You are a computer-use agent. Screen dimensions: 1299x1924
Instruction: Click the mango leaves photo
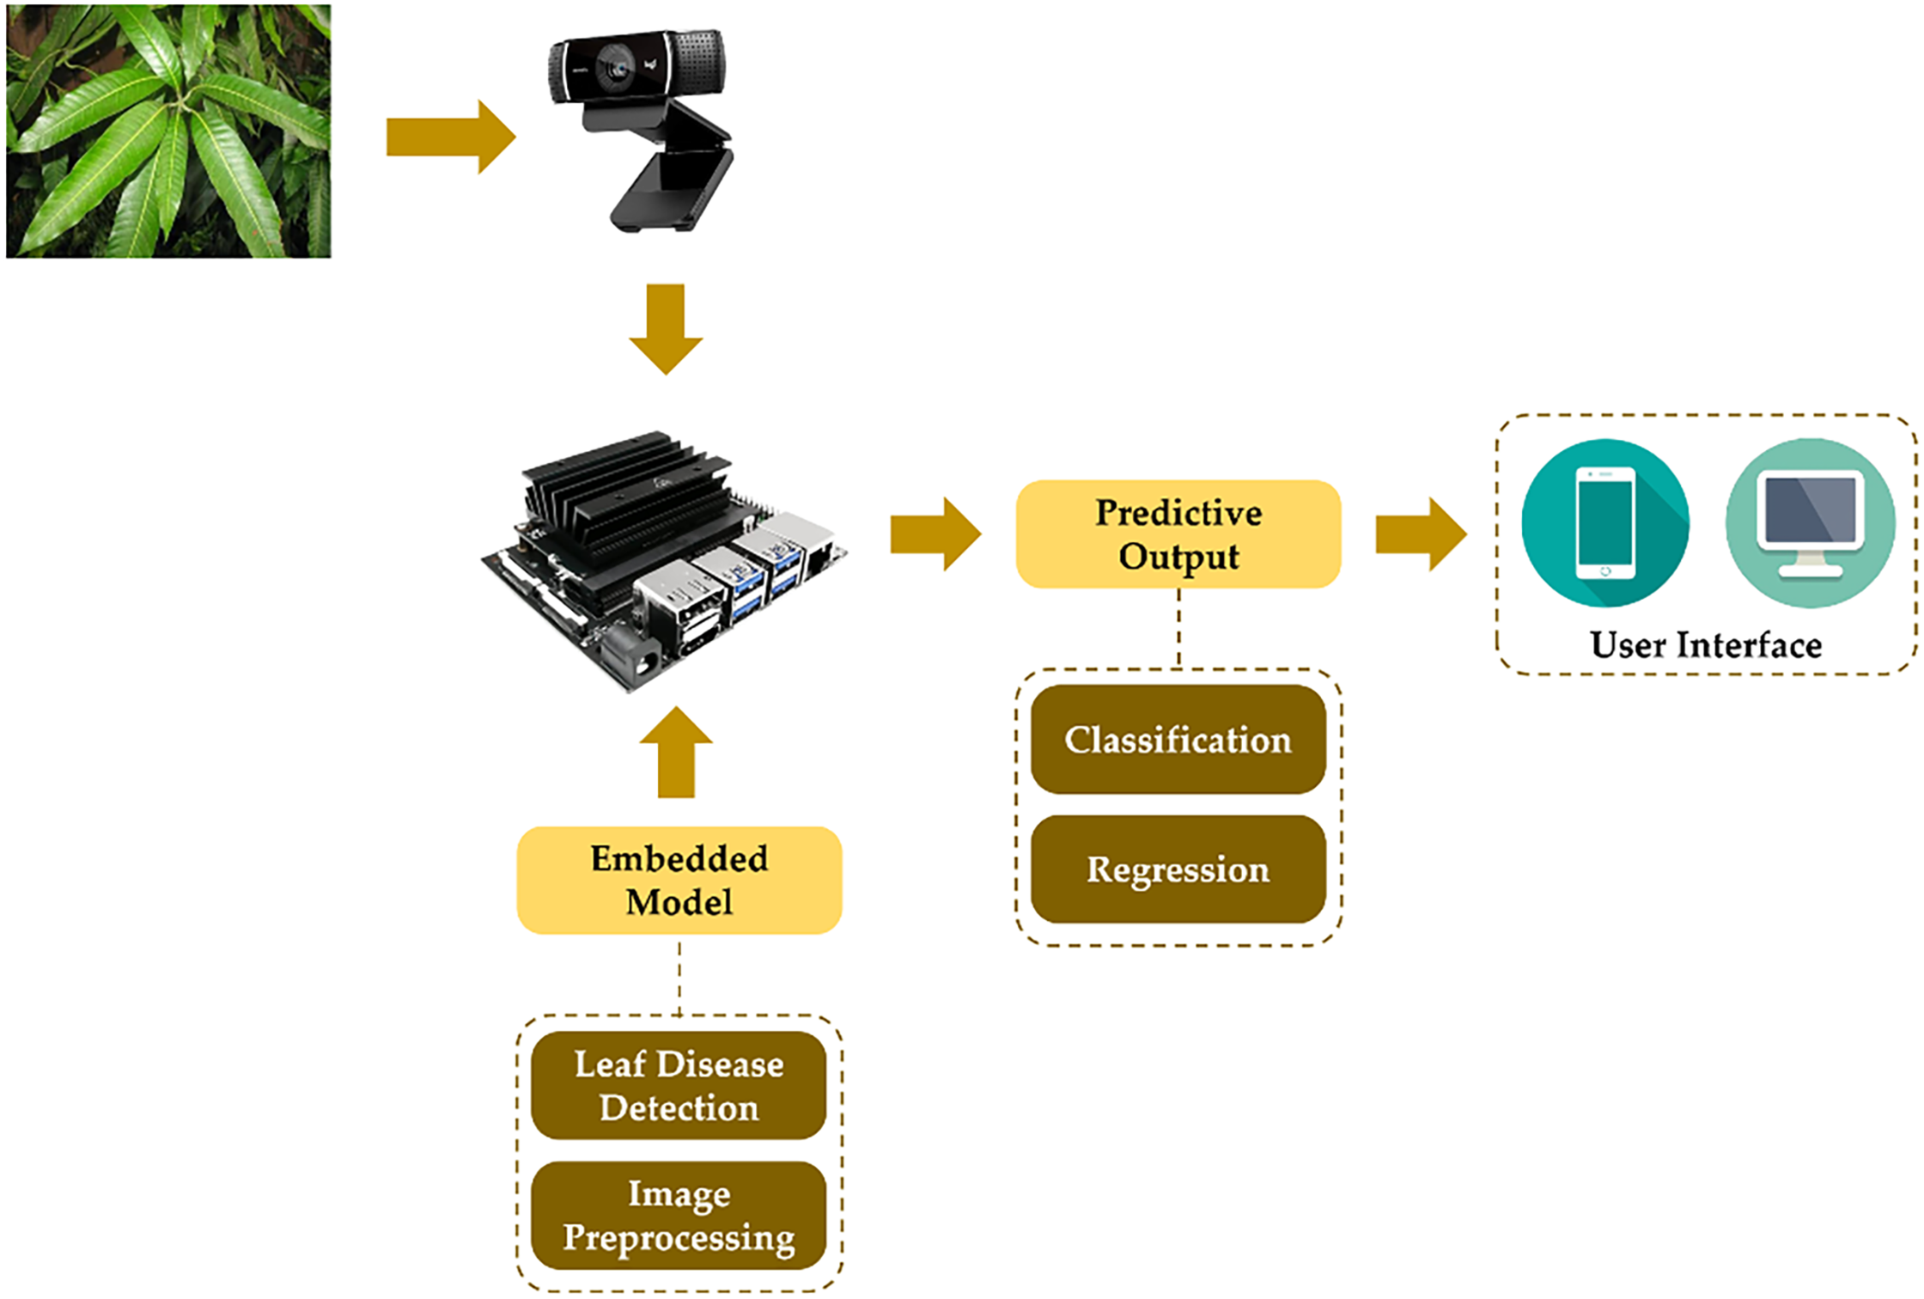pos(168,131)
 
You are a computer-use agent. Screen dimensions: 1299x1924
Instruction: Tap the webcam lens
pos(616,67)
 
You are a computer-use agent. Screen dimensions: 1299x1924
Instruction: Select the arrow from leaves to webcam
pos(450,137)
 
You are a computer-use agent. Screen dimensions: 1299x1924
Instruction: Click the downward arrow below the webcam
pos(666,328)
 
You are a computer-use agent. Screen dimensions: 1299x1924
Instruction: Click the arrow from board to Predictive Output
pos(935,534)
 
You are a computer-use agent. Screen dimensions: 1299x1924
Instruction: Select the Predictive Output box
pos(1178,534)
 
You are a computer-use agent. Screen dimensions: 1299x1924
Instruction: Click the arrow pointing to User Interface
pos(1421,534)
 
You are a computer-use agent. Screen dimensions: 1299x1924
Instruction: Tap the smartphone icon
pos(1604,522)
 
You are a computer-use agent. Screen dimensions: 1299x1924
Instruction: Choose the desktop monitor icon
pos(1810,523)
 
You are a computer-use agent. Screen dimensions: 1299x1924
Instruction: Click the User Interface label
pos(1706,645)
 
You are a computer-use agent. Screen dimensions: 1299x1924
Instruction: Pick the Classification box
pos(1178,740)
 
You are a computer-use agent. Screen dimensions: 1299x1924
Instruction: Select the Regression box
pos(1178,869)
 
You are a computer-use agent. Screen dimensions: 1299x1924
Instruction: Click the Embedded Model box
pos(679,881)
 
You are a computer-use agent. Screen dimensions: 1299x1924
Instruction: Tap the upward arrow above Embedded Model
pos(677,753)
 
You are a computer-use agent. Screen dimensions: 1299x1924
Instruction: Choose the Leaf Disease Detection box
pos(679,1086)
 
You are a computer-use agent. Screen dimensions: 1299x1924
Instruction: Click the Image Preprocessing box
pos(679,1216)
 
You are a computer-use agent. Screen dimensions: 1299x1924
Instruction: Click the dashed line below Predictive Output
pos(1178,627)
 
